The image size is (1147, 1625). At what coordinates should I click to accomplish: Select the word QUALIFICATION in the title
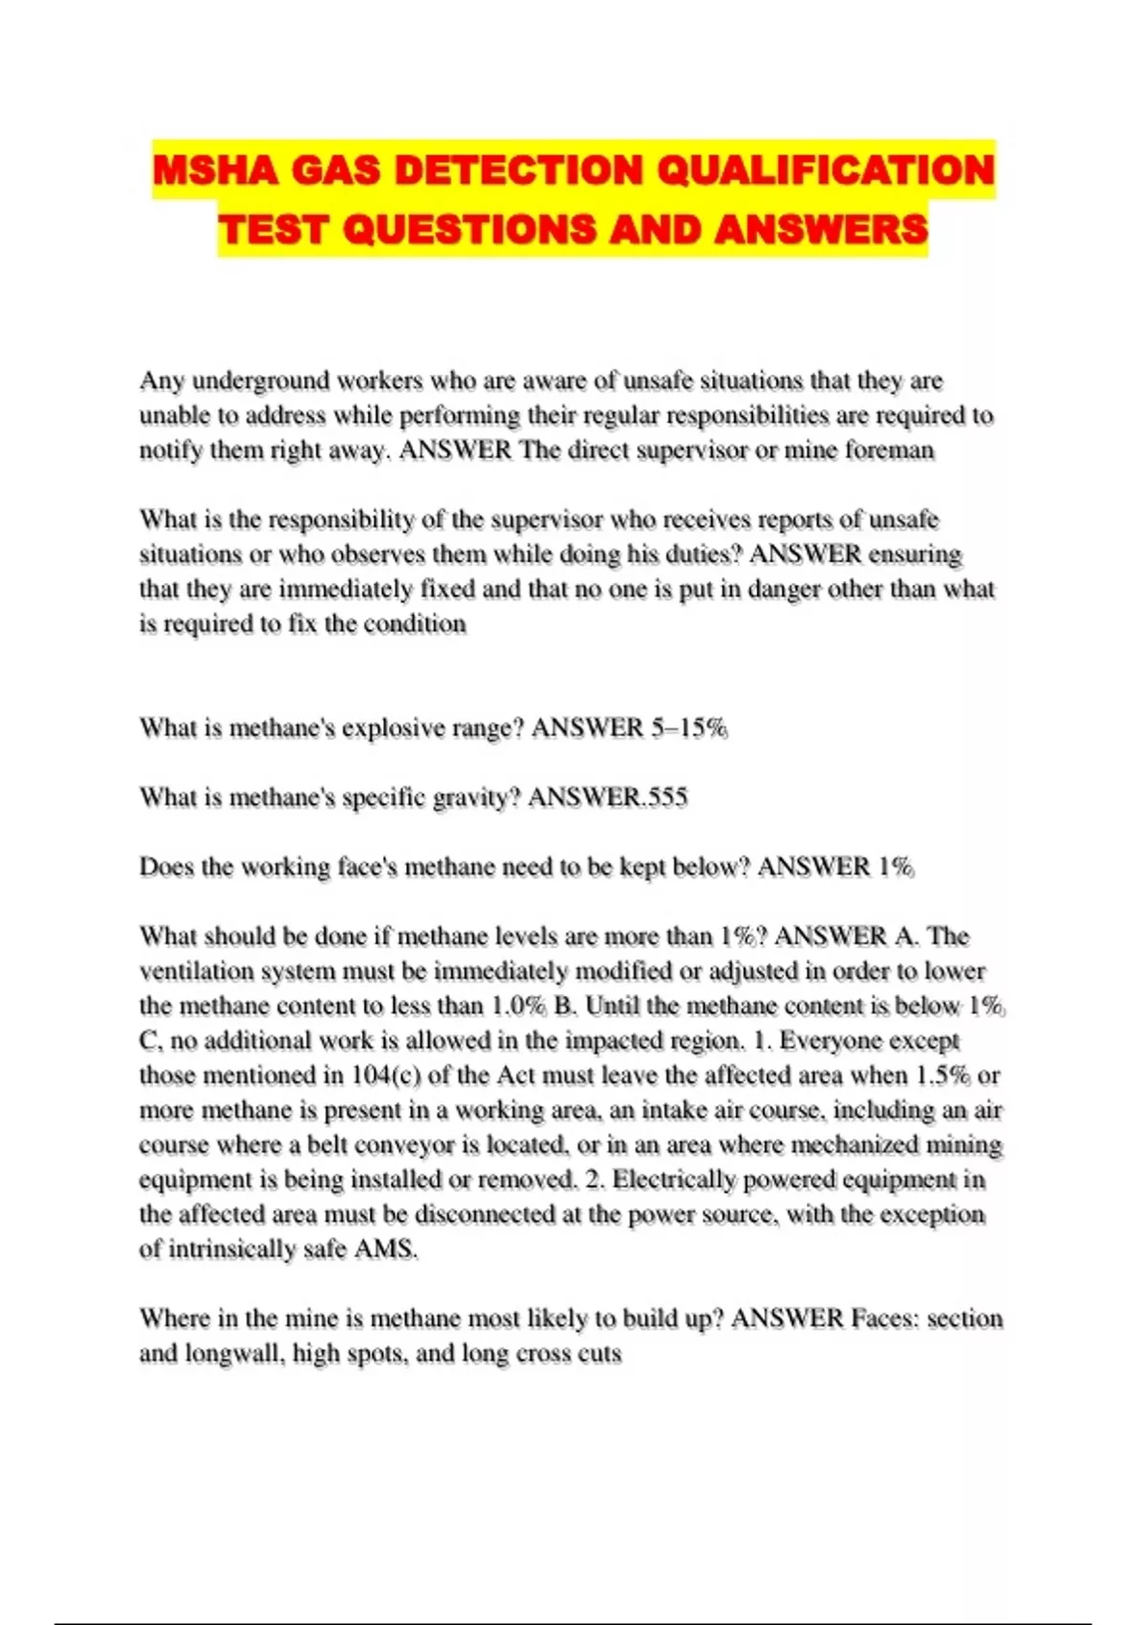tap(826, 170)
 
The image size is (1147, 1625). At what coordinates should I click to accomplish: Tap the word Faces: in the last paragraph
tap(886, 1319)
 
